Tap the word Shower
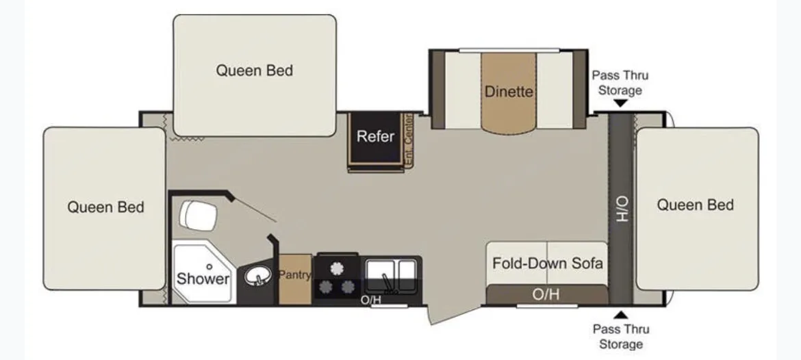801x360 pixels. (203, 279)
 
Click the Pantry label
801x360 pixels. (294, 275)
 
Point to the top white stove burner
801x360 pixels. (337, 267)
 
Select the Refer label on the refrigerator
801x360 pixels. (375, 136)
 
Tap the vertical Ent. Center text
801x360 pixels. (409, 139)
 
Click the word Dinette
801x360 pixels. (509, 91)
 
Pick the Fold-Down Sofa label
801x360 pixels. (547, 263)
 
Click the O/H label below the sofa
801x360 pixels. (546, 294)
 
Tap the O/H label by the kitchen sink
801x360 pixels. (370, 299)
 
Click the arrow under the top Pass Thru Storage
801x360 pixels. (620, 103)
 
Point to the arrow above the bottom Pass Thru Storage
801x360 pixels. (620, 315)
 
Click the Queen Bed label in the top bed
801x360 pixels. (255, 70)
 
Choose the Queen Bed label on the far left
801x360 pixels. (105, 207)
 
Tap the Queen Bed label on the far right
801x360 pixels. (696, 205)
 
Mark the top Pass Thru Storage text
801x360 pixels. (620, 83)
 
